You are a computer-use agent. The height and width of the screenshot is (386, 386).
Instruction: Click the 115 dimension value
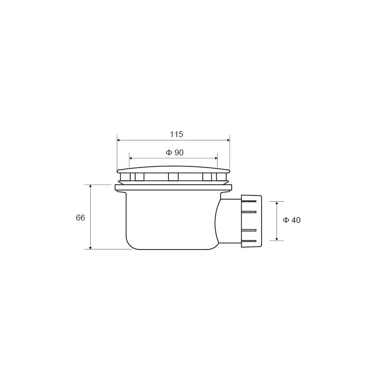click(x=176, y=134)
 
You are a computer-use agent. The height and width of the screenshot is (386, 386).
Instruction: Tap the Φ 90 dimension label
click(x=175, y=152)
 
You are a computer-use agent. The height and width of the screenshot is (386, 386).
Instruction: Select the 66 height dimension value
click(x=80, y=218)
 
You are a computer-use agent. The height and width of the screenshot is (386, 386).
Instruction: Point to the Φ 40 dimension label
click(x=292, y=220)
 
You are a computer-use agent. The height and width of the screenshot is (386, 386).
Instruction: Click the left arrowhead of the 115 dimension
click(x=118, y=140)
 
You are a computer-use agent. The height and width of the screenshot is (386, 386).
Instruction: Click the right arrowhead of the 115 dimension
click(x=228, y=140)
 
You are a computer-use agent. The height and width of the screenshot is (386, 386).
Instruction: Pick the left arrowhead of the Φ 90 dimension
click(x=131, y=158)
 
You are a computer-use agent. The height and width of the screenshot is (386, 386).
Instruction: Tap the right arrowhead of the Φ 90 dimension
click(x=216, y=158)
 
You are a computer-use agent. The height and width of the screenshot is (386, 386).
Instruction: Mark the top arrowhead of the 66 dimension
click(x=91, y=186)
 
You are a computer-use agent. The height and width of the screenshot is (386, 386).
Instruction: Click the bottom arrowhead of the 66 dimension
click(x=91, y=248)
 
